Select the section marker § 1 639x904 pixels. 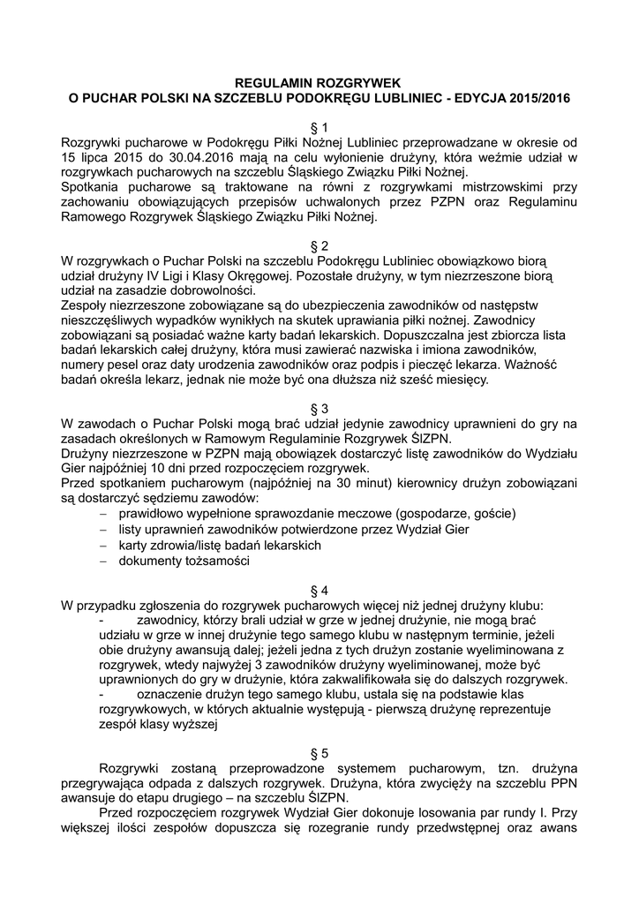[319, 126]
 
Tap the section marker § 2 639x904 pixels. [319, 245]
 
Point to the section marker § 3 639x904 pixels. [319, 409]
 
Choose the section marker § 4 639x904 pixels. [319, 590]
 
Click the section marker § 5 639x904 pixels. [319, 753]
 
